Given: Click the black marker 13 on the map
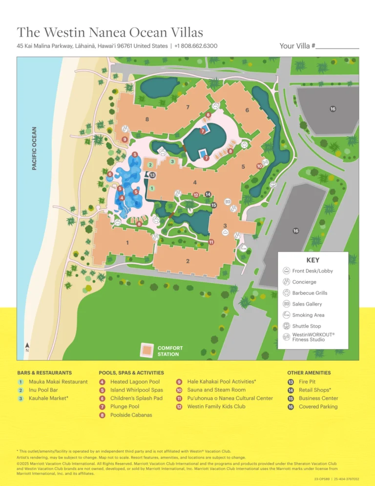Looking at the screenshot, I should pos(153,175).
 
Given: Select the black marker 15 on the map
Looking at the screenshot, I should pos(214,205).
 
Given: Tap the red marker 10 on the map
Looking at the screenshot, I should pos(260,166).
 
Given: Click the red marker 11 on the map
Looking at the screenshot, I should pos(211,242).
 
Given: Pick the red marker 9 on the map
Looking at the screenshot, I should pos(125,140).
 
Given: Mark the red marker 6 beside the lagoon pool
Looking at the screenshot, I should pos(110,174).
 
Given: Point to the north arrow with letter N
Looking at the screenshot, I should pos(27,348).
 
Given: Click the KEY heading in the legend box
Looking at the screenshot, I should pos(312,260).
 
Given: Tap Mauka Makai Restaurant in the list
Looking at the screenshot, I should pos(58,381).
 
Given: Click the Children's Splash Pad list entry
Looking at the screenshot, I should pos(136,398).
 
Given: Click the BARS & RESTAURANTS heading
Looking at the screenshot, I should pos(44,373).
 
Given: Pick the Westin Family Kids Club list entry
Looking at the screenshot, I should pos(216,406).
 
